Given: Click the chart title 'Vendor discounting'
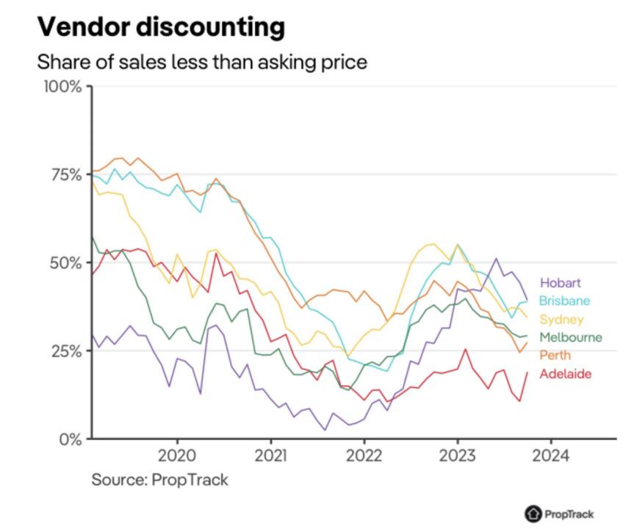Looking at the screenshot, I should click(160, 27).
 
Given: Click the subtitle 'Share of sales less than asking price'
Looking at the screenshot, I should click(202, 62).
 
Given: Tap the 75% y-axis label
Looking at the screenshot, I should click(65, 175).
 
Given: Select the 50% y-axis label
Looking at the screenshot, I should click(65, 262).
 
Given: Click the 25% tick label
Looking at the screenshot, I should click(65, 350).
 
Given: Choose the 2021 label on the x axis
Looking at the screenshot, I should click(271, 455).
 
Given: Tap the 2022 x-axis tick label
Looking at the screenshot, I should click(364, 455).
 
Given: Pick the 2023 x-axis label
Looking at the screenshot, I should click(458, 455).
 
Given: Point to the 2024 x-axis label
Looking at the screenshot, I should click(551, 455).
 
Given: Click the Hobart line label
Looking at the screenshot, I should click(560, 282).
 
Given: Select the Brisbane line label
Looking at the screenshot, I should click(564, 301).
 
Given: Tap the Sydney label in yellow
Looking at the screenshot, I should click(561, 319).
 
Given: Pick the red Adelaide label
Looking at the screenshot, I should click(565, 374).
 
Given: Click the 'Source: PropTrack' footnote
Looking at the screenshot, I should click(159, 480).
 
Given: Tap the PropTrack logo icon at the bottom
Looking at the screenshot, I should click(532, 514).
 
